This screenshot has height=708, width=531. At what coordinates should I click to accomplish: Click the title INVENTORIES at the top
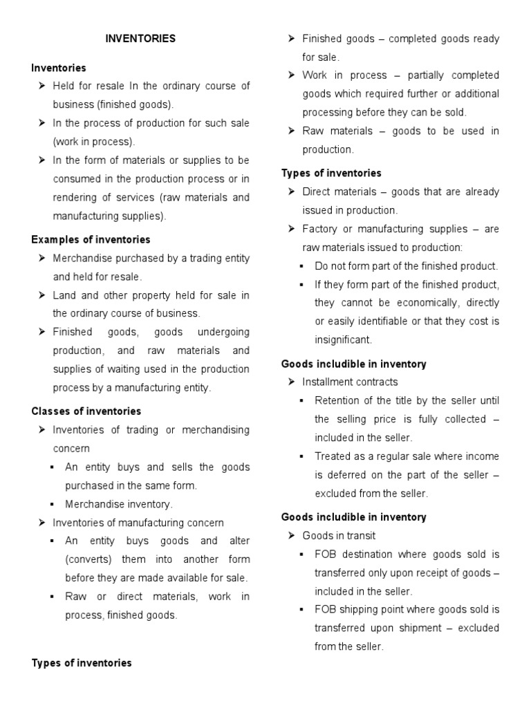click(140, 39)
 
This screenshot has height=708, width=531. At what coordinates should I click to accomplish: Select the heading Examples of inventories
click(91, 239)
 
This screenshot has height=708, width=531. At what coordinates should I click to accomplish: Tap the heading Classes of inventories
click(86, 411)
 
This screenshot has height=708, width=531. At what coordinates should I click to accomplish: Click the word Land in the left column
click(64, 295)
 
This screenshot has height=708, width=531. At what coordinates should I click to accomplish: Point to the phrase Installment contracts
click(350, 382)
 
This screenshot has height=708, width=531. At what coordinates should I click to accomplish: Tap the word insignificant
click(343, 339)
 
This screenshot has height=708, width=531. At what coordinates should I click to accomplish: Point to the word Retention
click(337, 400)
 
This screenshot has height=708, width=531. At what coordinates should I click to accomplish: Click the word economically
click(425, 302)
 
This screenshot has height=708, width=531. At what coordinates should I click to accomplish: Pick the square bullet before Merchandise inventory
click(53, 504)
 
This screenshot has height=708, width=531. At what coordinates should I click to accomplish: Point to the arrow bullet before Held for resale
click(41, 86)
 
